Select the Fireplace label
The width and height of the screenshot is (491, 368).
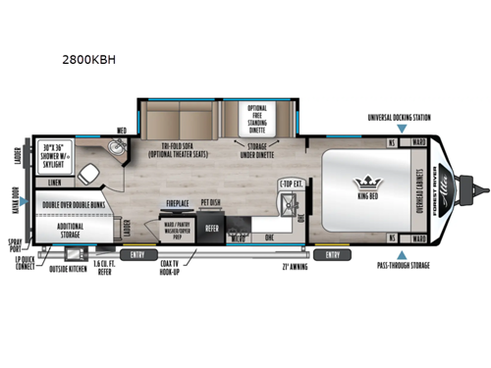178,205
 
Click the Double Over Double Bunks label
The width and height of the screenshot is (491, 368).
76,206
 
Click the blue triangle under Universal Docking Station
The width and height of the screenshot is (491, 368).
400,128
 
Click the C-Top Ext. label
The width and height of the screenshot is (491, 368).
291,183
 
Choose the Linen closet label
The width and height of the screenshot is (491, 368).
54,182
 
